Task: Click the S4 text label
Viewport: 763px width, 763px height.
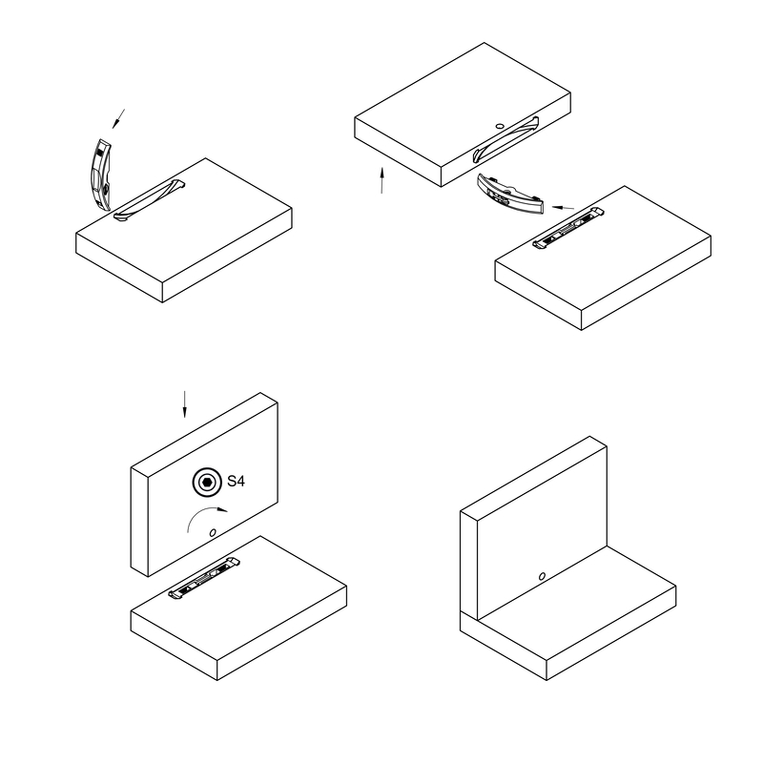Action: tap(236, 482)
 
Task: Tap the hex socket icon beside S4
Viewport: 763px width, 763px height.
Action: tap(207, 483)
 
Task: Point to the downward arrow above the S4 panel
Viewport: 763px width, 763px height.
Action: tap(184, 403)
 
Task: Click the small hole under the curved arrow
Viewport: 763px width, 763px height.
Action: tap(213, 533)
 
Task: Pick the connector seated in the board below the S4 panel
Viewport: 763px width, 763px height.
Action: tap(204, 578)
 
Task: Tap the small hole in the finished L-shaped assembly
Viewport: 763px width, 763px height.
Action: tap(542, 576)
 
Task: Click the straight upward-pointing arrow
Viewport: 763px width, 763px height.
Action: tap(382, 180)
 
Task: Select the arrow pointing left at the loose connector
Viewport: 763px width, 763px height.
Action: tap(563, 208)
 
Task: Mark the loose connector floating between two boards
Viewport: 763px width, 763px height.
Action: tap(510, 194)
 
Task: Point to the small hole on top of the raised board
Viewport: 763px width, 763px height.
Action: tap(500, 126)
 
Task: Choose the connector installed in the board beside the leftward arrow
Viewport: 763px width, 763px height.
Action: tap(568, 228)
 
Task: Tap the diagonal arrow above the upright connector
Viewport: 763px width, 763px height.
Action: tap(118, 118)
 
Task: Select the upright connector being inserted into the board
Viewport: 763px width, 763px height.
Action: tap(100, 175)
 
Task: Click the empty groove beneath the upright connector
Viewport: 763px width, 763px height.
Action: tap(150, 200)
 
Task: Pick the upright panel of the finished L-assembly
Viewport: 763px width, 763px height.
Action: tap(534, 528)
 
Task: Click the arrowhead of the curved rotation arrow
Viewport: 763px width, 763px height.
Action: tap(222, 509)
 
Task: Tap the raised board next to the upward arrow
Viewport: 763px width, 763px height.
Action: tap(463, 114)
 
